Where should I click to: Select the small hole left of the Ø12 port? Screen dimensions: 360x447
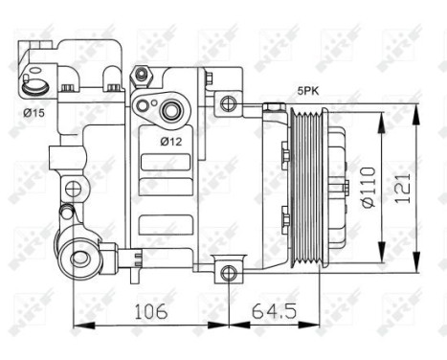tap(143, 104)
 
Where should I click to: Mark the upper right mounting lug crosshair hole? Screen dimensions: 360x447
tap(228, 103)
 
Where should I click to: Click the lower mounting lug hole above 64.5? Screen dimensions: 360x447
tap(228, 273)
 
